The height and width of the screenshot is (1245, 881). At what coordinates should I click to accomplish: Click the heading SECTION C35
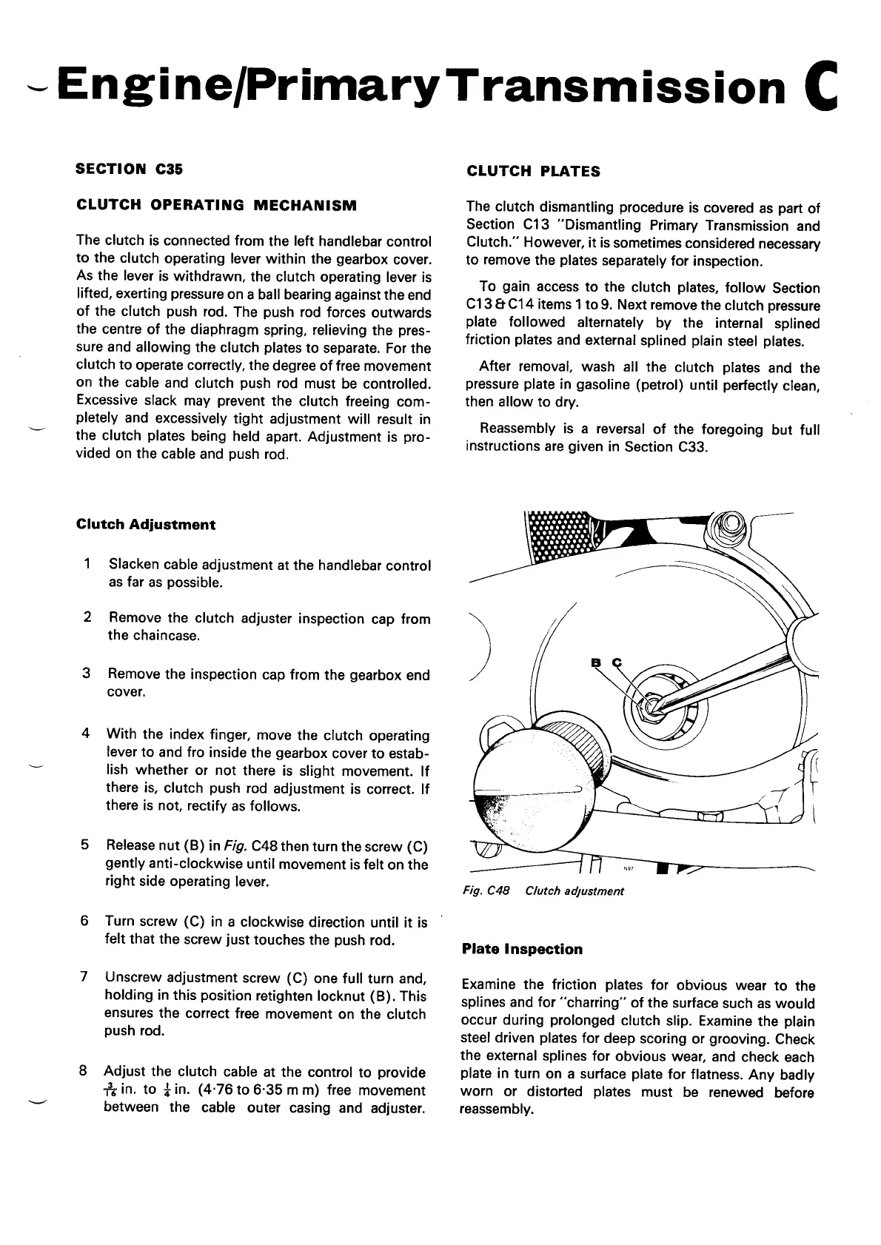[x=130, y=169]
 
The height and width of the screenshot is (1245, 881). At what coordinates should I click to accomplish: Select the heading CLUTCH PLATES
[x=533, y=171]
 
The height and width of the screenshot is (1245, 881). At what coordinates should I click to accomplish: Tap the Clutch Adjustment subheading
[x=146, y=525]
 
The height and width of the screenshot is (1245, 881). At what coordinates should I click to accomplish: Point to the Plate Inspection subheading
[x=522, y=949]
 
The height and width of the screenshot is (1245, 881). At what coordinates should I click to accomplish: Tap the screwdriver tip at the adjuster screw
[x=654, y=704]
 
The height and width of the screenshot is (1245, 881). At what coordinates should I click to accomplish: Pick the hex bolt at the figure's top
[x=730, y=526]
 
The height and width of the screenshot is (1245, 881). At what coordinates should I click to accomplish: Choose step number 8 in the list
[x=84, y=1072]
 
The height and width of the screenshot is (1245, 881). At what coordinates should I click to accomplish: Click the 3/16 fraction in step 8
[x=111, y=1092]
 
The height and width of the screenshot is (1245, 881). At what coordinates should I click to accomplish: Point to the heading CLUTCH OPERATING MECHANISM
[x=216, y=205]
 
